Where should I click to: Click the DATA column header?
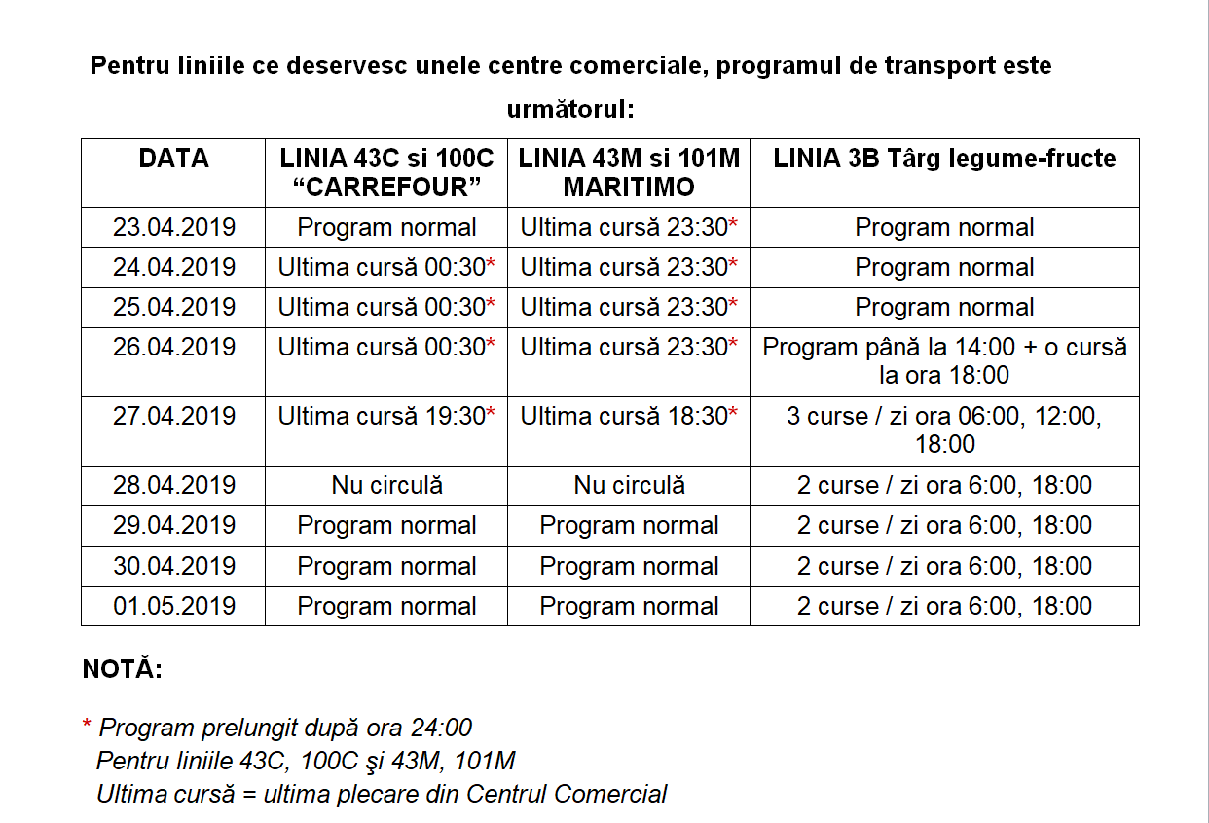click(x=173, y=158)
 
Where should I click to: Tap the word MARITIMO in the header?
click(x=628, y=187)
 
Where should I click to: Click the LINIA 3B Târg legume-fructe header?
click(x=944, y=158)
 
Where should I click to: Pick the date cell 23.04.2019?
click(x=173, y=227)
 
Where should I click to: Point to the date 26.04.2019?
click(x=173, y=347)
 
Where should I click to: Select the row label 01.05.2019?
click(x=173, y=606)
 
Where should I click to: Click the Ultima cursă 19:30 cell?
click(x=386, y=416)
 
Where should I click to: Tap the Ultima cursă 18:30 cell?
click(x=628, y=416)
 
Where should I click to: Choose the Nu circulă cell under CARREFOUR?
click(x=386, y=485)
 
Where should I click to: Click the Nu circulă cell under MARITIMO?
click(x=628, y=485)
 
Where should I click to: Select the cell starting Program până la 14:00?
click(x=944, y=360)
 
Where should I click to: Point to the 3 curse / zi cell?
click(x=944, y=430)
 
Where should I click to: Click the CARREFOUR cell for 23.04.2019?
click(x=386, y=227)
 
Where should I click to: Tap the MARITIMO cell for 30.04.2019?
click(x=628, y=566)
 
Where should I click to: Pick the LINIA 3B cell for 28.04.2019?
click(x=944, y=485)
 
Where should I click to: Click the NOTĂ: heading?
click(x=122, y=670)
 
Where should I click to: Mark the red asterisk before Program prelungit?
click(x=87, y=726)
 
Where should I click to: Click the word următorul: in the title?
click(x=569, y=109)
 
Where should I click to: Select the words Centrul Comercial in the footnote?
click(x=567, y=794)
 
